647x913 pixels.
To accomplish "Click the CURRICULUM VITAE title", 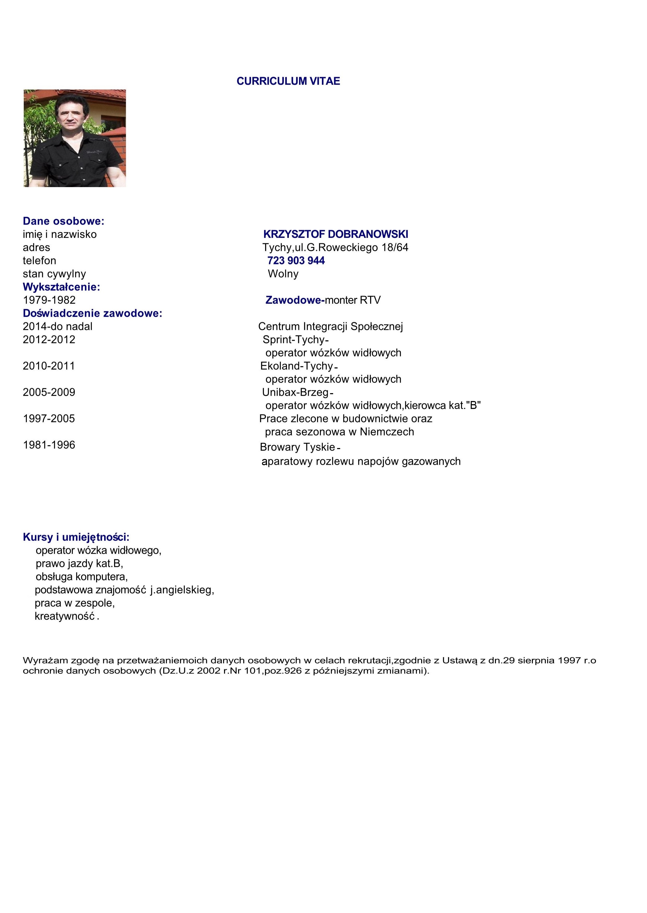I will click(288, 81).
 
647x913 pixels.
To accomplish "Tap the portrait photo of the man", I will click(75, 138).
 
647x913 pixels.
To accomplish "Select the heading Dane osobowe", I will click(63, 221).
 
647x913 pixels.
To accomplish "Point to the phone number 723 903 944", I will click(296, 261).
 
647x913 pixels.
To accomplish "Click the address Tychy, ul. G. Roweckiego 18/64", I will click(335, 247).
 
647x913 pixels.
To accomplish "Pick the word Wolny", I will click(283, 274).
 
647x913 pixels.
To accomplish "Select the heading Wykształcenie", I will click(61, 287).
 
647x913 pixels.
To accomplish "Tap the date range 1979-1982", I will click(49, 300).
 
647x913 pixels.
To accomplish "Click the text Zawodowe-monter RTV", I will click(323, 300).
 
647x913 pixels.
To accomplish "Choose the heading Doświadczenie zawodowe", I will click(92, 313).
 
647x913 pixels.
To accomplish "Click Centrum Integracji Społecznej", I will click(330, 327).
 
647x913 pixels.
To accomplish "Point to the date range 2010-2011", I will click(49, 366).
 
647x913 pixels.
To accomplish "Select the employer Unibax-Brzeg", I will click(295, 392).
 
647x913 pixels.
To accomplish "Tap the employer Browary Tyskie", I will click(297, 447).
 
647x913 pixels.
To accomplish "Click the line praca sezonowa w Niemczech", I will click(339, 432).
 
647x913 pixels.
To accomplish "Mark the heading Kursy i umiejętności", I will click(76, 537).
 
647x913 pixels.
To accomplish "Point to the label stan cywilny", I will click(54, 274).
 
